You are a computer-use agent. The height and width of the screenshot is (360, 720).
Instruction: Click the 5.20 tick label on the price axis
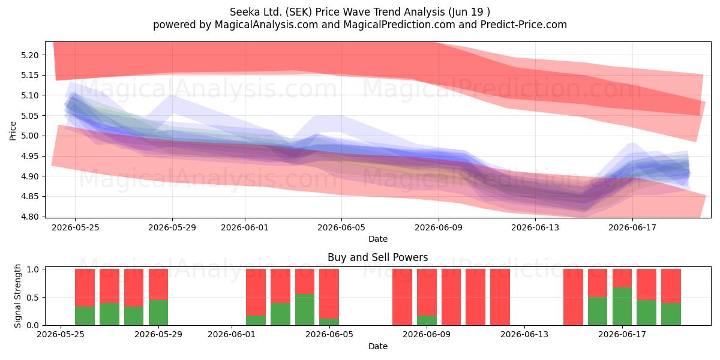pyautogui.click(x=29, y=55)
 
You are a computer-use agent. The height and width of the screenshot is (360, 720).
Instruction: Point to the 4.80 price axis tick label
pyautogui.click(x=29, y=217)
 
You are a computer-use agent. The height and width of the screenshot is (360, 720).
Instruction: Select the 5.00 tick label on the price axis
pyautogui.click(x=29, y=136)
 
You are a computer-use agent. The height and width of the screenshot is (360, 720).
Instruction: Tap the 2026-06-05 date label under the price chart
pyautogui.click(x=341, y=227)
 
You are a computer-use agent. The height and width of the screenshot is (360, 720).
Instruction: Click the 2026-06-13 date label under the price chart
pyautogui.click(x=535, y=227)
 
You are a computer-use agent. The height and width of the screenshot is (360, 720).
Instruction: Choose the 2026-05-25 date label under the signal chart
pyautogui.click(x=61, y=334)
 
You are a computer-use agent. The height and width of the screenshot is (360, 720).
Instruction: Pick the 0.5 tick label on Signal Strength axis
pyautogui.click(x=33, y=298)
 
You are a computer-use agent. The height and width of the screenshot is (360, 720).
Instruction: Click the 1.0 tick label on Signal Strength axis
pyautogui.click(x=33, y=269)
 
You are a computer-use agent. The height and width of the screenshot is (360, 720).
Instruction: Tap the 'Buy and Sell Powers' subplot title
pyautogui.click(x=377, y=257)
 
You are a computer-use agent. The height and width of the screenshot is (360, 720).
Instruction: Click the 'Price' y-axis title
pyautogui.click(x=13, y=131)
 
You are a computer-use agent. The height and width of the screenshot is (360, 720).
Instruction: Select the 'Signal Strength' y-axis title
pyautogui.click(x=17, y=296)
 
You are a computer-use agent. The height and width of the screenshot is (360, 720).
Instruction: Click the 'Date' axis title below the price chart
pyautogui.click(x=378, y=239)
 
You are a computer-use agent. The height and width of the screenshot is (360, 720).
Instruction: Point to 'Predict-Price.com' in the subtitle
pyautogui.click(x=524, y=25)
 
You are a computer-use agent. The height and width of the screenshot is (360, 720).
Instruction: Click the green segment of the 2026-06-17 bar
pyautogui.click(x=622, y=307)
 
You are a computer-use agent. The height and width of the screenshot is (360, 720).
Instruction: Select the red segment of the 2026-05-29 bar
pyautogui.click(x=158, y=284)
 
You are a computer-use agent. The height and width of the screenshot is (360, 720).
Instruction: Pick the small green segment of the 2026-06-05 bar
pyautogui.click(x=329, y=322)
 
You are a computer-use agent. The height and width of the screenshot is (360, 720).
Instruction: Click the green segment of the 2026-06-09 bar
pyautogui.click(x=427, y=320)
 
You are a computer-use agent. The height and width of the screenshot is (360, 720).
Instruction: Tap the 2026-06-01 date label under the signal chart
pyautogui.click(x=232, y=334)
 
